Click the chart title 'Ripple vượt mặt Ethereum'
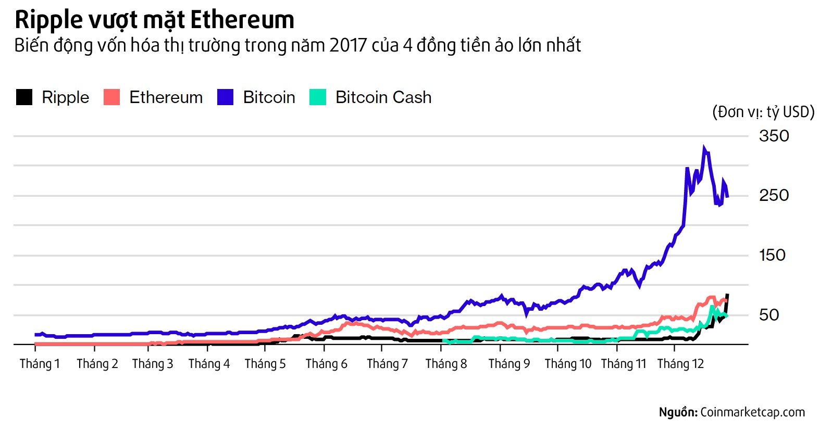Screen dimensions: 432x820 pyautogui.click(x=154, y=20)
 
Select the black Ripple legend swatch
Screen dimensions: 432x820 pyautogui.click(x=24, y=97)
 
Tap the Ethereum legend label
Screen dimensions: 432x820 pyautogui.click(x=166, y=97)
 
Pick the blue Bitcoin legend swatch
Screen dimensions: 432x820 pyautogui.click(x=225, y=97)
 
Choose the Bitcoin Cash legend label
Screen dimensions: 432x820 pyautogui.click(x=383, y=97)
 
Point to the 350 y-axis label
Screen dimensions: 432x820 pyautogui.click(x=774, y=136)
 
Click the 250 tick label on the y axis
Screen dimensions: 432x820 pyautogui.click(x=774, y=196)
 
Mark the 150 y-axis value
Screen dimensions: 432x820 pyautogui.click(x=772, y=255)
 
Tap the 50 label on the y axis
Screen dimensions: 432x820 pyautogui.click(x=769, y=315)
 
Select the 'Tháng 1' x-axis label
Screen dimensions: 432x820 pyautogui.click(x=40, y=364)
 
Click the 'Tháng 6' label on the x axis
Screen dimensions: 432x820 pyautogui.click(x=326, y=364)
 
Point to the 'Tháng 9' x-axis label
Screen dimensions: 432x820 pyautogui.click(x=509, y=364)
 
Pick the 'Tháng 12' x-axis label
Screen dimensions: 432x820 pyautogui.click(x=680, y=364)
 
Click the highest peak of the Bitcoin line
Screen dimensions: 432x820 pyautogui.click(x=704, y=148)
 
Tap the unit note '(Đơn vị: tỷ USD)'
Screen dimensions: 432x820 pyautogui.click(x=763, y=112)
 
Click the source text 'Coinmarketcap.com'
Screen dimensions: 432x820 pyautogui.click(x=752, y=412)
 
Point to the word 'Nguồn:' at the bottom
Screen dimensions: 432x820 pyautogui.click(x=678, y=412)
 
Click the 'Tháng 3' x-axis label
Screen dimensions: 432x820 pyautogui.click(x=152, y=364)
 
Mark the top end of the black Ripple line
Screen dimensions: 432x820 pyautogui.click(x=727, y=295)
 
